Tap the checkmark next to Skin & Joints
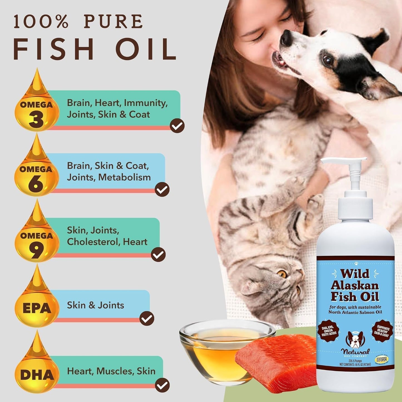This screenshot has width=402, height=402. tap(147, 318)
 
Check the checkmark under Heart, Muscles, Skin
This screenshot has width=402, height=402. tap(162, 385)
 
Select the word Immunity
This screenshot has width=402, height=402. tap(145, 103)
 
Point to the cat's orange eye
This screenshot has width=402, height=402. tap(283, 274)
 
